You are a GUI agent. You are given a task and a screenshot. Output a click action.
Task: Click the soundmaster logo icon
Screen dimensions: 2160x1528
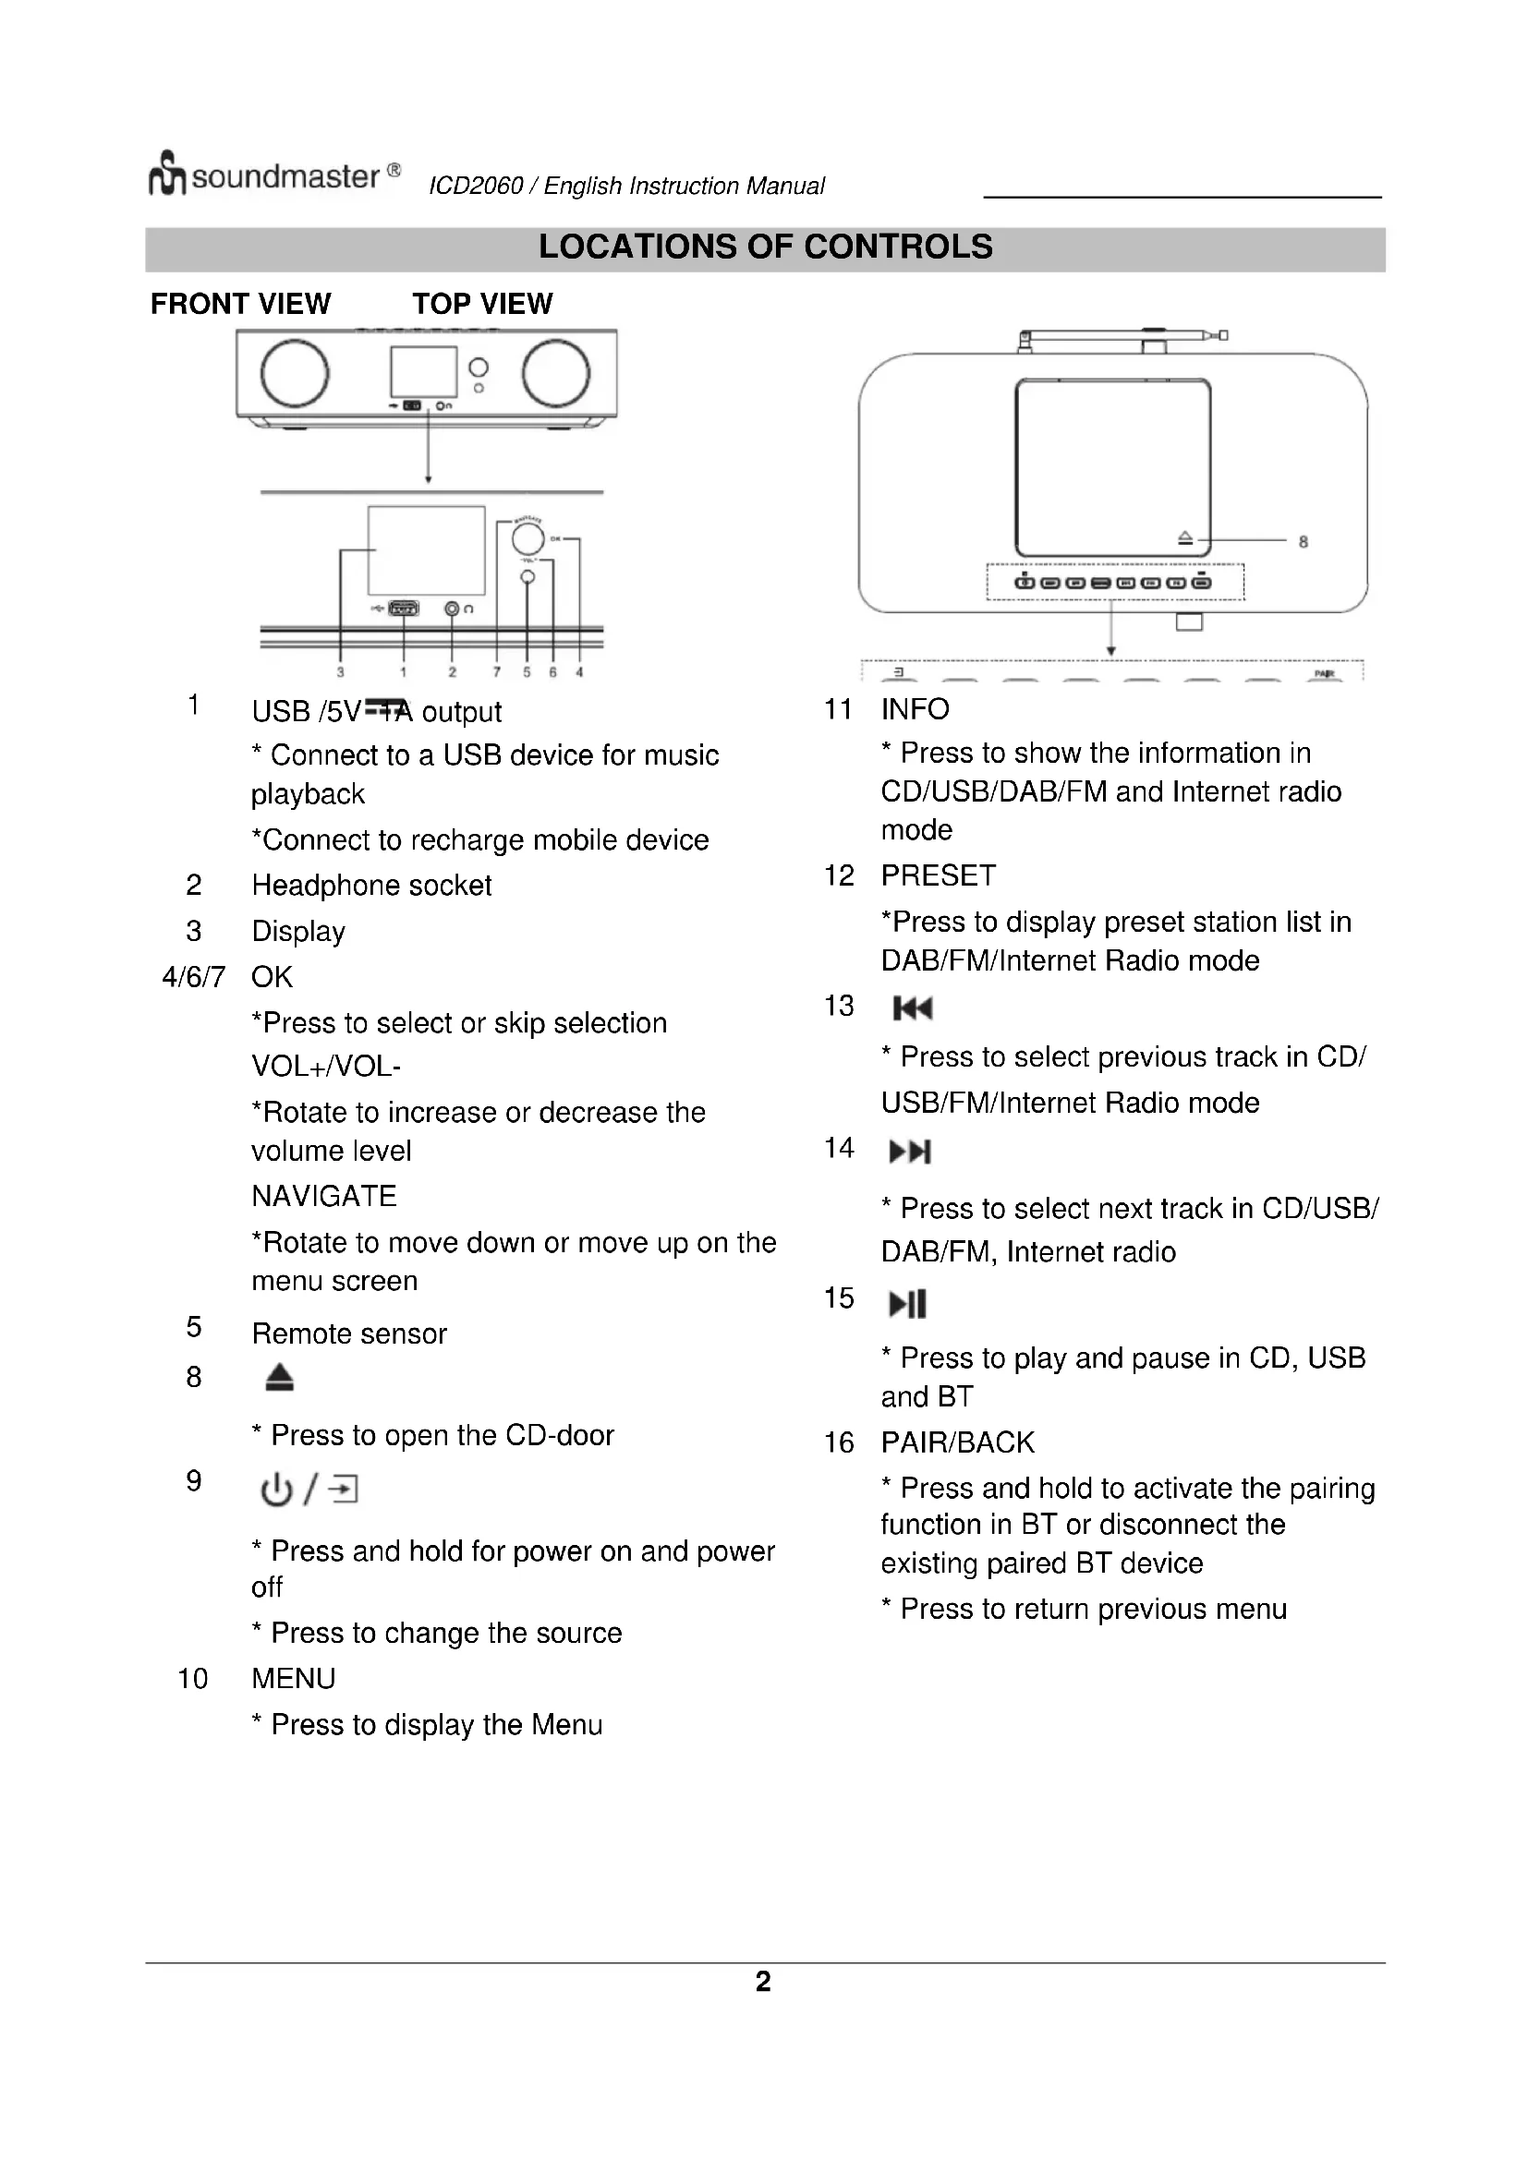coord(166,174)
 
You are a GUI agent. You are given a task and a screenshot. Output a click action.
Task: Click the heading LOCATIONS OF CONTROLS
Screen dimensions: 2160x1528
coord(765,247)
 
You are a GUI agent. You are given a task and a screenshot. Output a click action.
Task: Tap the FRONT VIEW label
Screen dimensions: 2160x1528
coord(241,304)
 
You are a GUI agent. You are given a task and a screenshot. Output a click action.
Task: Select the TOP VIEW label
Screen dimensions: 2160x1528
coord(482,304)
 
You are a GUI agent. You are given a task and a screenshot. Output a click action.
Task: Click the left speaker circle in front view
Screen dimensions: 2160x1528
coord(295,373)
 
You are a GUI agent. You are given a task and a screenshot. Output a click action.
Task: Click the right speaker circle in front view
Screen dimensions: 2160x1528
coord(556,373)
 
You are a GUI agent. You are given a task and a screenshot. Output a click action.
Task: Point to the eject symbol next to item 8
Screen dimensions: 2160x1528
coord(279,1379)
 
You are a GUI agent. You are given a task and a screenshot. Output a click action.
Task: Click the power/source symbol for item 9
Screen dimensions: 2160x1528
coord(309,1490)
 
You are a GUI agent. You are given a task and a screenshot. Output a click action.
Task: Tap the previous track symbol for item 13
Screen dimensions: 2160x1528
coord(912,1009)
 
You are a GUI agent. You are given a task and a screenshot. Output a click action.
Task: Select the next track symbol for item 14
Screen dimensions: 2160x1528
coord(910,1152)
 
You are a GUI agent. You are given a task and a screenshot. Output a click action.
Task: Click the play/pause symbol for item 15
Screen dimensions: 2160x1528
coord(908,1304)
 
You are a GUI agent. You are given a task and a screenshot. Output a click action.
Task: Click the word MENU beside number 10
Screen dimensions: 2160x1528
coord(294,1678)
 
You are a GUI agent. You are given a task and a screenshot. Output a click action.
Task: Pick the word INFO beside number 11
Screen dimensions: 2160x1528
coord(916,709)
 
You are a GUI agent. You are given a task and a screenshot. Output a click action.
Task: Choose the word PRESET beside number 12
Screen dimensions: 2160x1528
coord(938,875)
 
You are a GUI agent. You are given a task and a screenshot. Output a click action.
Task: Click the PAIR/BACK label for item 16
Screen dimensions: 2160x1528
coord(958,1442)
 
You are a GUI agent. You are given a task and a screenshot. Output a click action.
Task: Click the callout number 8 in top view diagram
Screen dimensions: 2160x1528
coord(1304,542)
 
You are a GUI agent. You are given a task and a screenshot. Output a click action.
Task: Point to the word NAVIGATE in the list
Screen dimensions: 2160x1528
coord(324,1197)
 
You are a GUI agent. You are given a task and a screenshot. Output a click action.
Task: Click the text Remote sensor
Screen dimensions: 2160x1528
coord(349,1334)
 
